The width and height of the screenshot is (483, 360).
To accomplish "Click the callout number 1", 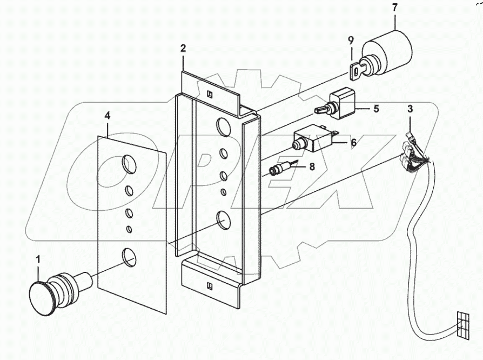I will [x=38, y=260].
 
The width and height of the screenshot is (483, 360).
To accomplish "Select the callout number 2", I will [x=183, y=49].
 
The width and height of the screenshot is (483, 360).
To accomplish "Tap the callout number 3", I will [x=410, y=109].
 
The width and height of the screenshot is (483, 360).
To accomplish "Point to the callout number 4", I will [x=108, y=115].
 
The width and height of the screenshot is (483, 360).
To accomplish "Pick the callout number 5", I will [x=376, y=109].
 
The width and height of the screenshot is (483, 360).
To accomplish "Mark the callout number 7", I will [x=395, y=8].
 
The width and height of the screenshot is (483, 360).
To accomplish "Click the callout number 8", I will [x=311, y=168].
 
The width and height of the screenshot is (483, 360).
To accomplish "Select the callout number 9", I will [x=351, y=40].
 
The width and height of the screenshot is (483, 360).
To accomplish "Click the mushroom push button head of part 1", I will [x=40, y=294].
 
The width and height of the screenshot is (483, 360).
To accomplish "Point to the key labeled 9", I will [x=353, y=70].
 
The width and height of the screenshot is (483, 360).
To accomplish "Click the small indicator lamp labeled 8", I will [x=279, y=171].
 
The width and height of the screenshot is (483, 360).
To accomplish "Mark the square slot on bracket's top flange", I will [x=210, y=92].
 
